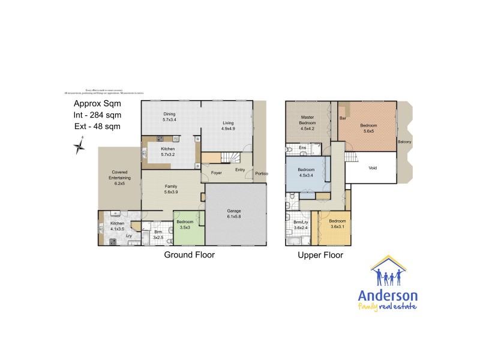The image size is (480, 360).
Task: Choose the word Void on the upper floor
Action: pyautogui.click(x=372, y=168)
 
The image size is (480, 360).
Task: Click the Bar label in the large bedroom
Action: pyautogui.click(x=343, y=119)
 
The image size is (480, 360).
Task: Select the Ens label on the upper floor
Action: pyautogui.click(x=302, y=148)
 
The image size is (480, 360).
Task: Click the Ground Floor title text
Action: pyautogui.click(x=189, y=255)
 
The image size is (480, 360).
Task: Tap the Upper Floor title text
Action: pyautogui.click(x=320, y=255)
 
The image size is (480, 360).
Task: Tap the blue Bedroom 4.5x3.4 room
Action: pyautogui.click(x=306, y=173)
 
